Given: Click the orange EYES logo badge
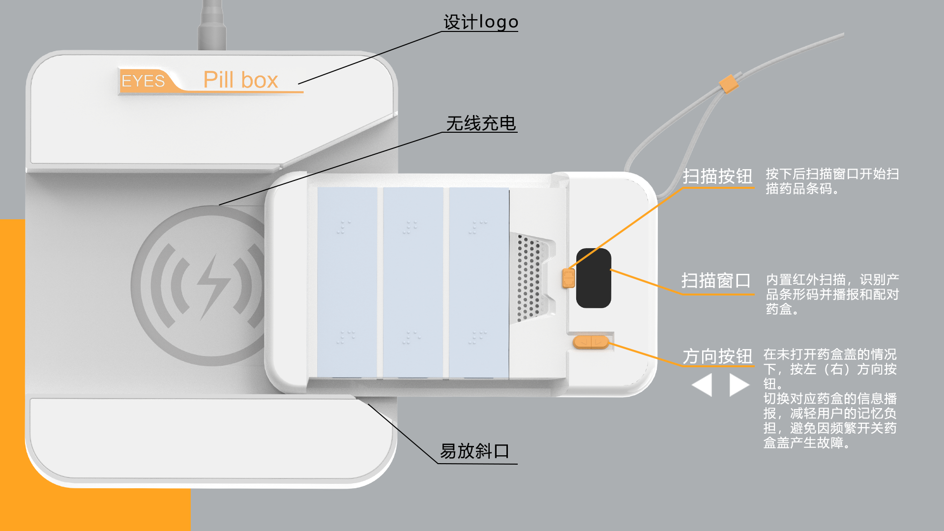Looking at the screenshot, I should [x=144, y=81].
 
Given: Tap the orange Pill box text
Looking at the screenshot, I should [x=240, y=80].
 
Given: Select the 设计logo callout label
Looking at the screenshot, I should [x=480, y=22].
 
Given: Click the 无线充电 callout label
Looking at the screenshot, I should [x=481, y=123].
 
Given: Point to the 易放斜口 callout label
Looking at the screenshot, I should [x=474, y=451].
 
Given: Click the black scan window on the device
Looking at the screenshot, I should [x=594, y=278].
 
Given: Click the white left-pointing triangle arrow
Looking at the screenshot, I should [x=703, y=384].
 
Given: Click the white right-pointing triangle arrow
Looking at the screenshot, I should [x=738, y=384].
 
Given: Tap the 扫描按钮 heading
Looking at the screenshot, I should [x=717, y=176].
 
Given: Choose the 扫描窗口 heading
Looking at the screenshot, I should [x=716, y=281].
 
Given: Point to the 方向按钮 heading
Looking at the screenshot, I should [x=717, y=356].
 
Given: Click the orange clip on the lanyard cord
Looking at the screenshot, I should [x=729, y=84].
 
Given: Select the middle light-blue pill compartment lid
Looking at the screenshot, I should [x=413, y=283].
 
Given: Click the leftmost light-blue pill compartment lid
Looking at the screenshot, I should [x=347, y=283].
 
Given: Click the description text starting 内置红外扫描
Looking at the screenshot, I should [x=832, y=294].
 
